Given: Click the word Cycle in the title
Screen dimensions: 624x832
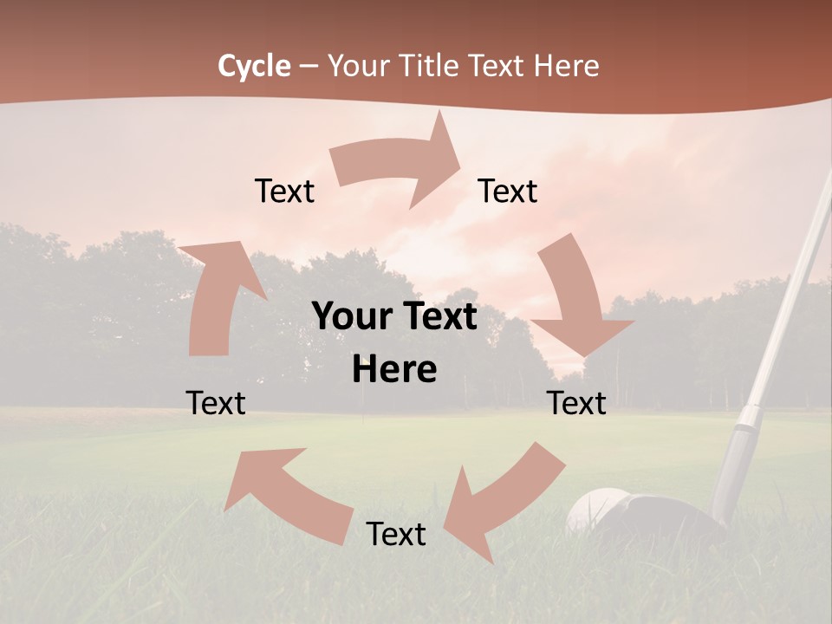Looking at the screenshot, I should [254, 66].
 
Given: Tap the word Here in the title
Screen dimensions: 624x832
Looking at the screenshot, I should [566, 66].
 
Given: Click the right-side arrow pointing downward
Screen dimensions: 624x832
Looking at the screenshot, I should [576, 303].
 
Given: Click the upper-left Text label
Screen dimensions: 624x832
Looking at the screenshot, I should [284, 191].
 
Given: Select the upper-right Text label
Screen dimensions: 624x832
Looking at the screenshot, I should [508, 191].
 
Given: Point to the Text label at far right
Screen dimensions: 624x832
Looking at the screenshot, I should [576, 403].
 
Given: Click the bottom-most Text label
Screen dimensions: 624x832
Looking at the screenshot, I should [396, 534].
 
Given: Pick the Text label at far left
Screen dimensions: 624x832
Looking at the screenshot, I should [216, 403].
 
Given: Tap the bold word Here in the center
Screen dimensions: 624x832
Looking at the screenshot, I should [394, 370].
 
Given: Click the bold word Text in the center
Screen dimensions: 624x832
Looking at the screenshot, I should [442, 316].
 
